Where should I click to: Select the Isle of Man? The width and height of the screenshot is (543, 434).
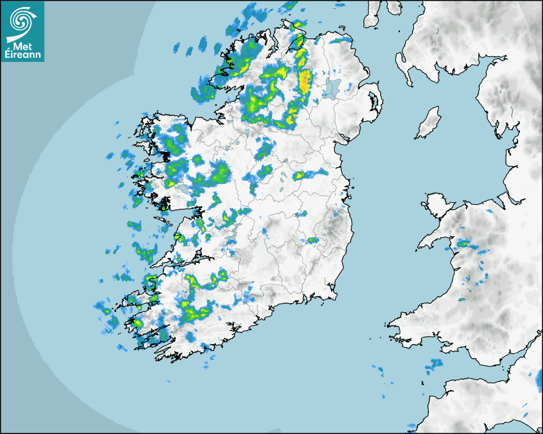click(429, 123)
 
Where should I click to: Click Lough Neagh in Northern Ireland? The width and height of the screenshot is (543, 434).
click(332, 87)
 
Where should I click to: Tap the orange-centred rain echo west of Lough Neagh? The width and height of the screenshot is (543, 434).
click(305, 81)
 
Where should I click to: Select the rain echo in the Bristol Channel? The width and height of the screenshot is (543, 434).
click(435, 364)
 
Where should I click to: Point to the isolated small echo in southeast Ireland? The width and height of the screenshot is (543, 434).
click(312, 241)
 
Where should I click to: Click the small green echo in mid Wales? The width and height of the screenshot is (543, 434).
click(461, 299)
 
